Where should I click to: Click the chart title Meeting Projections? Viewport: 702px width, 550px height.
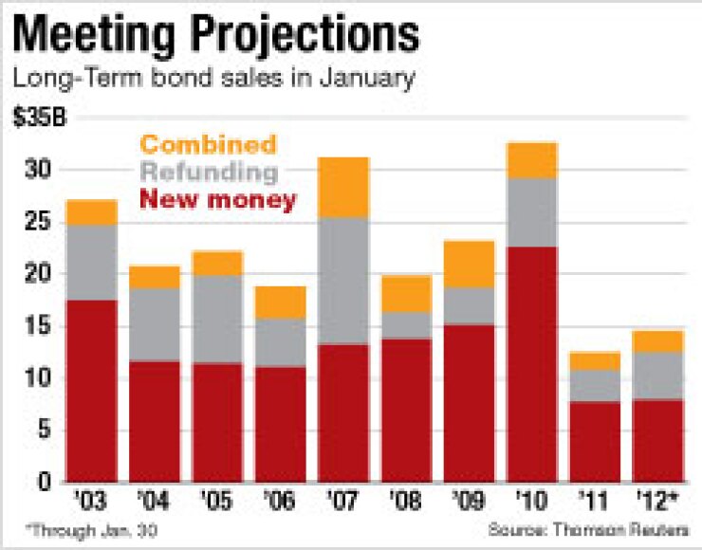[217, 35]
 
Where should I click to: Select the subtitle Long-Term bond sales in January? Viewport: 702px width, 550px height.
[214, 79]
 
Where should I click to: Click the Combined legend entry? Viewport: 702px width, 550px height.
[207, 145]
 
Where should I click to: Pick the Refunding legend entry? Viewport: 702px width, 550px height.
[208, 173]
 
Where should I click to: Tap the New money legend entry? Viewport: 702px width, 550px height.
[217, 200]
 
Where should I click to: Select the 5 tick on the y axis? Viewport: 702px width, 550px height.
[44, 431]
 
